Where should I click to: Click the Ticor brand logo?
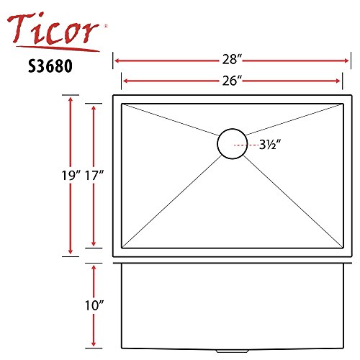54,31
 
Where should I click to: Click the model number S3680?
50,66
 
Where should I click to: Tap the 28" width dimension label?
232,59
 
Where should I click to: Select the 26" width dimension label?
232,81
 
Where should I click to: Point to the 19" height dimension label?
71,175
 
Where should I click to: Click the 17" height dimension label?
94,175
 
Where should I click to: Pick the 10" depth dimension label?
94,305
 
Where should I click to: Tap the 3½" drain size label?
270,145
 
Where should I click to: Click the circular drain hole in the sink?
232,129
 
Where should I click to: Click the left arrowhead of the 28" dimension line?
117,60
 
